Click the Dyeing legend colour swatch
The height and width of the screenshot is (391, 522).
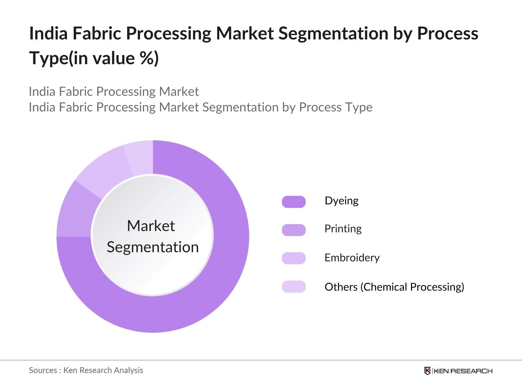294,202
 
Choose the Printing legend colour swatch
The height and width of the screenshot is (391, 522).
294,230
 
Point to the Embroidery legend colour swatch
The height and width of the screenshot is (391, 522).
294,258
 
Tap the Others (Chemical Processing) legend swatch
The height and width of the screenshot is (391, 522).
294,287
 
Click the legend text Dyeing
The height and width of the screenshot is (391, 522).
341,201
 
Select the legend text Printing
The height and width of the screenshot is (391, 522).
343,229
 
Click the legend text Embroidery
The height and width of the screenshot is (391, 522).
352,258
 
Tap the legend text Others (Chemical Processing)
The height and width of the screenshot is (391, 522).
394,287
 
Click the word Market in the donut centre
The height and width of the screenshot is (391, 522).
151,226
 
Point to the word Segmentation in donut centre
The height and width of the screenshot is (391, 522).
153,247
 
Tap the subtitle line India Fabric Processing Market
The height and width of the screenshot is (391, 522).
114,92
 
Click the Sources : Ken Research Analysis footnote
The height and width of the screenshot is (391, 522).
86,370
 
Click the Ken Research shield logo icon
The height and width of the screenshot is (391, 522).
427,371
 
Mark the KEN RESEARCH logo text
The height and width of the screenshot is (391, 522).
463,371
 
